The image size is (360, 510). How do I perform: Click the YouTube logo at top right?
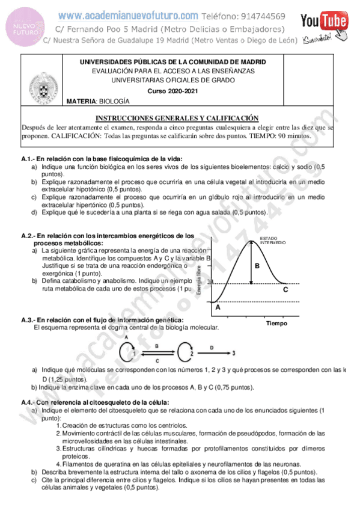[x=325, y=22]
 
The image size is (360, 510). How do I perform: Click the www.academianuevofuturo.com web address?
[x=128, y=16]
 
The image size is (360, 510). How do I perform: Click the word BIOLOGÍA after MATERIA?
[x=114, y=102]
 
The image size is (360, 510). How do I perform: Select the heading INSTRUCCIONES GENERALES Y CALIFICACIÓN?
[x=177, y=118]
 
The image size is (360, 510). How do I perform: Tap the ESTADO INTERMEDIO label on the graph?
[x=273, y=240]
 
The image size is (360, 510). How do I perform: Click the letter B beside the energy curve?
[x=257, y=265]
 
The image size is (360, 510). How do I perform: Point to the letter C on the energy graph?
[x=285, y=289]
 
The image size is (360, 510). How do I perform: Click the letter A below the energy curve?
[x=218, y=307]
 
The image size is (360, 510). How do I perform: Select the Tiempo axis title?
[x=276, y=323]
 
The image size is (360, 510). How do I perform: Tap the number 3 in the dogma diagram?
[x=233, y=353]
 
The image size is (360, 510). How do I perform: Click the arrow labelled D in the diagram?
[x=212, y=353]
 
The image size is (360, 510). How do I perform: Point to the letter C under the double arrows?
[x=157, y=361]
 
